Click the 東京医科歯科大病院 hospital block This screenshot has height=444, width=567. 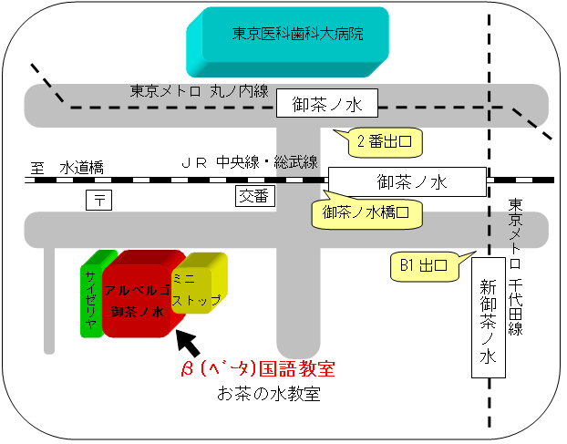pos(287,42)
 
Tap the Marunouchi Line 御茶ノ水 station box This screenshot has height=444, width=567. pos(327,103)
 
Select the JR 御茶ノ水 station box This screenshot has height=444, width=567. pos(407,181)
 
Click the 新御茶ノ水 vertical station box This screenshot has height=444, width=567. pos(489,317)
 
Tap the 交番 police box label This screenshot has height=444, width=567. pos(255,196)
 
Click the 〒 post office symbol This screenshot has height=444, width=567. pos(98,200)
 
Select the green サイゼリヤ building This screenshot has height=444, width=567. pos(92,294)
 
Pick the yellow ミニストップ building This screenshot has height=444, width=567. pos(199,284)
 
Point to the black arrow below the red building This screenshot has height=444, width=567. pos(188,343)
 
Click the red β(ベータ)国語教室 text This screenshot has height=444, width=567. pos(258,369)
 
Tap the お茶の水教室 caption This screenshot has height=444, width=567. pos(269,394)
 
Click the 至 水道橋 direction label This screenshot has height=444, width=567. pos(67,168)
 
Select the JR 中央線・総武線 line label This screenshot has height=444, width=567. pos(250,162)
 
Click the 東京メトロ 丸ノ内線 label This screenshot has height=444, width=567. pos(200,91)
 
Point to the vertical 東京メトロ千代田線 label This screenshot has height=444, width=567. pos(515,267)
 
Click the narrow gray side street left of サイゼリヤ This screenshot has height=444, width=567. pos(49,300)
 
